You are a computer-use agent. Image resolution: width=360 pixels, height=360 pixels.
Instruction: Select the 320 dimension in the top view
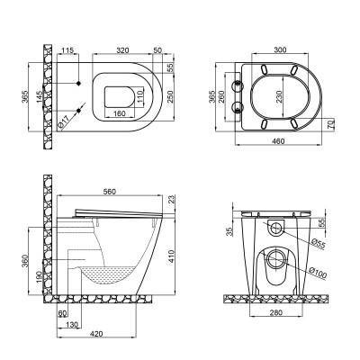tap(124, 51)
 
